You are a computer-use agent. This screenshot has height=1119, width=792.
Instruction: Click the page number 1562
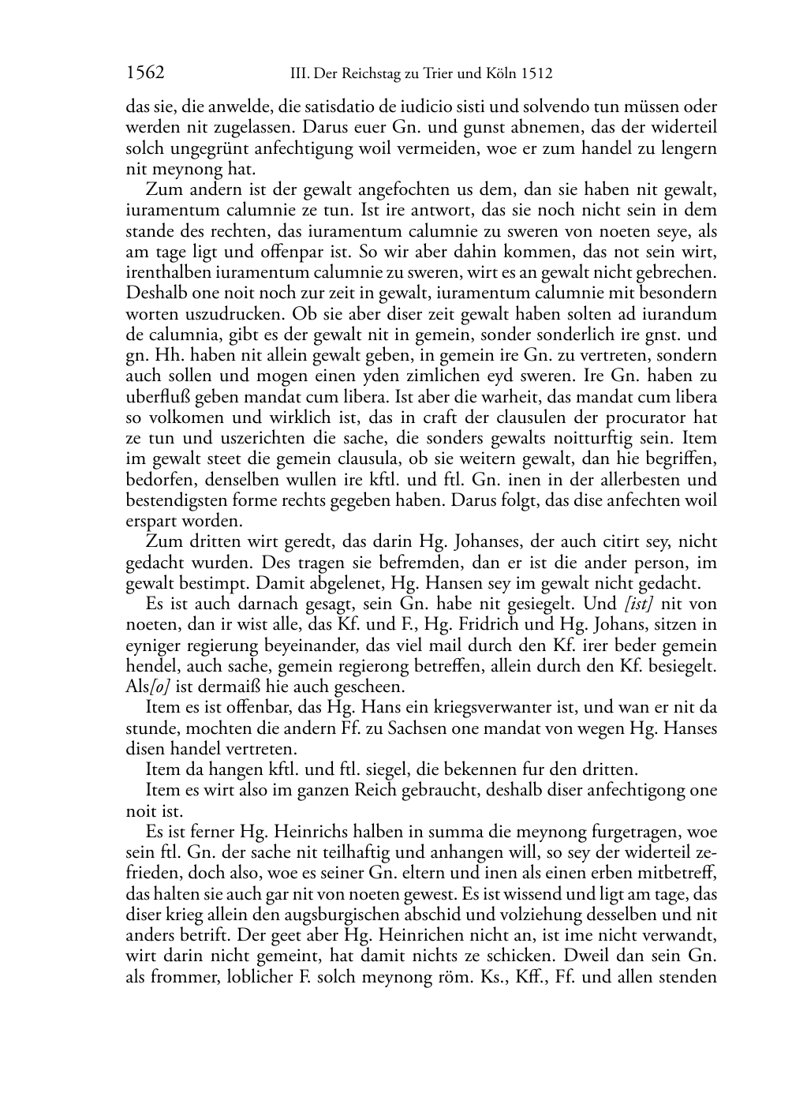pos(145,74)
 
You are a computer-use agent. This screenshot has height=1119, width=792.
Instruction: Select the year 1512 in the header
pos(536,75)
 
